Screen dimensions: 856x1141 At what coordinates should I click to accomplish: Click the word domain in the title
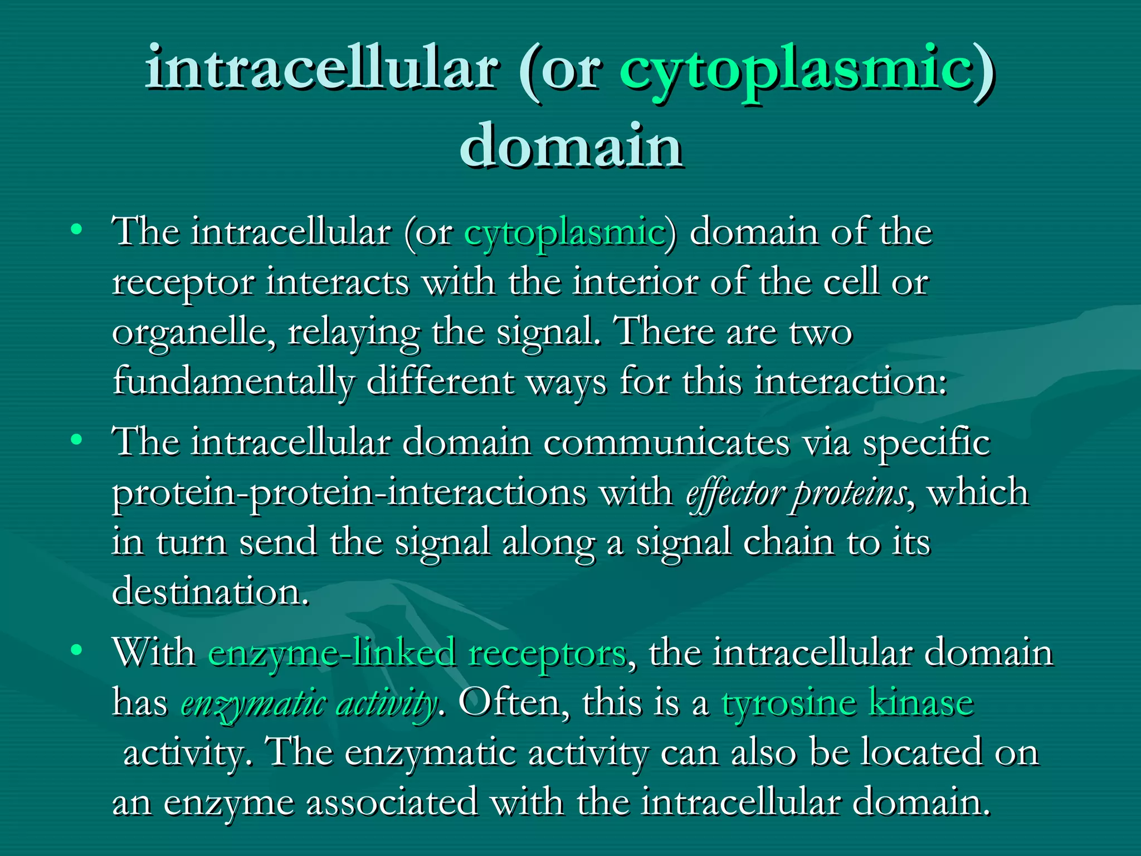(x=571, y=146)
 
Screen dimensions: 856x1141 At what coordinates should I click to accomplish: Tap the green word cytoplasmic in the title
(x=796, y=70)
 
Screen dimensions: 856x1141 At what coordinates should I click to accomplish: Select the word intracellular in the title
(x=321, y=70)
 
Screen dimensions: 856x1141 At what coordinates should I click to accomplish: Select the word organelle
(x=193, y=333)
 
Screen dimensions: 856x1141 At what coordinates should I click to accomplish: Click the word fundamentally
(x=233, y=382)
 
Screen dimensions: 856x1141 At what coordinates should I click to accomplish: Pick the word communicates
(x=666, y=443)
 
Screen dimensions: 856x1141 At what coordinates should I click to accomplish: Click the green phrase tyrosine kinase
(x=847, y=702)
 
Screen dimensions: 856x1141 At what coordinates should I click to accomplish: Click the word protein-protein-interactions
(x=349, y=493)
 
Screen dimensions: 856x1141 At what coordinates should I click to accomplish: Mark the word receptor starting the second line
(x=183, y=283)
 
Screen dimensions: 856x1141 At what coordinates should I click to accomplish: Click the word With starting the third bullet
(x=154, y=652)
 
